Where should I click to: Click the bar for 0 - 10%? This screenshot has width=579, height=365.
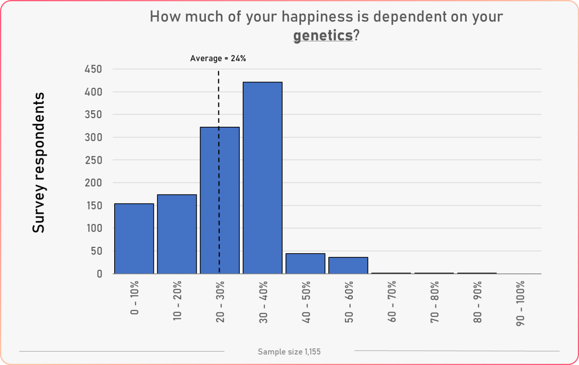click(x=134, y=239)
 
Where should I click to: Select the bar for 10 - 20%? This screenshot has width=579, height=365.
click(x=177, y=234)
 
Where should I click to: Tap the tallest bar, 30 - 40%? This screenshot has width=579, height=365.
click(x=262, y=178)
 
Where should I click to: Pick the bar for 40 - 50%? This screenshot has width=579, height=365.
click(x=305, y=263)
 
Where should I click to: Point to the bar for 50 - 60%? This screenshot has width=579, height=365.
click(x=348, y=265)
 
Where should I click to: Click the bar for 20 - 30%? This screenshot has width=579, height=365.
click(x=220, y=200)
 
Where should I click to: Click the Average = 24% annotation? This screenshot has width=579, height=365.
click(x=218, y=58)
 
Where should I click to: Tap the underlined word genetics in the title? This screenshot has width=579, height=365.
click(x=323, y=35)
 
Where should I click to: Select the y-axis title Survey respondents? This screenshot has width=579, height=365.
click(x=38, y=163)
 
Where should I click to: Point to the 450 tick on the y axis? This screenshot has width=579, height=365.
click(x=93, y=69)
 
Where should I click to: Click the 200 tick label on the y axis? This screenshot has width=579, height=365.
click(x=93, y=183)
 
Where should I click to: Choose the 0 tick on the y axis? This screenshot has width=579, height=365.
click(x=100, y=274)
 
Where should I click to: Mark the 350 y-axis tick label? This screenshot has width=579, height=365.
click(x=93, y=115)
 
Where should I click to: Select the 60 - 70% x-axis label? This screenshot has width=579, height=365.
click(x=392, y=301)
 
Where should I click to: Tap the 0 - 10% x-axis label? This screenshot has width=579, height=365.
click(x=135, y=297)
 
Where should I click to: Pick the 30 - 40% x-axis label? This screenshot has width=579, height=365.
click(x=263, y=302)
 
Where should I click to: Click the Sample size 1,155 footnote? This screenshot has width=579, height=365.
click(x=289, y=352)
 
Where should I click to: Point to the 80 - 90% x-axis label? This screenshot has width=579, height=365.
click(x=477, y=301)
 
